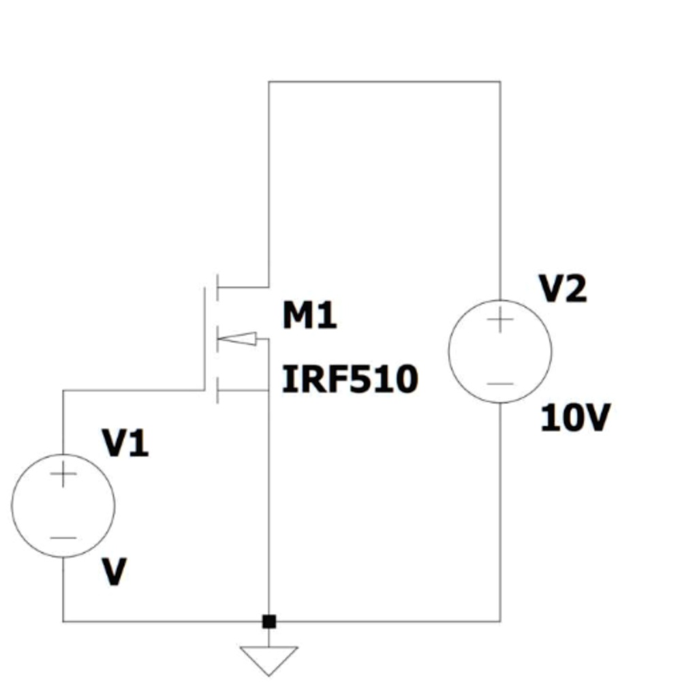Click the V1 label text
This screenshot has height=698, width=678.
click(125, 444)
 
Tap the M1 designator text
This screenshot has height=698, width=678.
click(309, 316)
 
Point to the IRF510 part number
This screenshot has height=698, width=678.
click(350, 380)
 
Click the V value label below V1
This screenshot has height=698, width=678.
click(114, 573)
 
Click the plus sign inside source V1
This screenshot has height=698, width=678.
click(63, 474)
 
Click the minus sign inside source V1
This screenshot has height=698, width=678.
click(63, 537)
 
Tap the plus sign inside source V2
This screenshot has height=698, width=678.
click(500, 320)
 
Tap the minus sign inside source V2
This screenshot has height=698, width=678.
click(500, 383)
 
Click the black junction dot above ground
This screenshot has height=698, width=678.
click(269, 621)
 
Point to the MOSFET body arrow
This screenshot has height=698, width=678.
click(238, 338)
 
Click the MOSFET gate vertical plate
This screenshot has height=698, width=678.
click(205, 338)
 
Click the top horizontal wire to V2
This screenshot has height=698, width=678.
click(384, 82)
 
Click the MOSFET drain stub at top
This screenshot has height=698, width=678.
click(243, 287)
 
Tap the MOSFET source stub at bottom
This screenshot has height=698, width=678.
click(243, 391)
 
